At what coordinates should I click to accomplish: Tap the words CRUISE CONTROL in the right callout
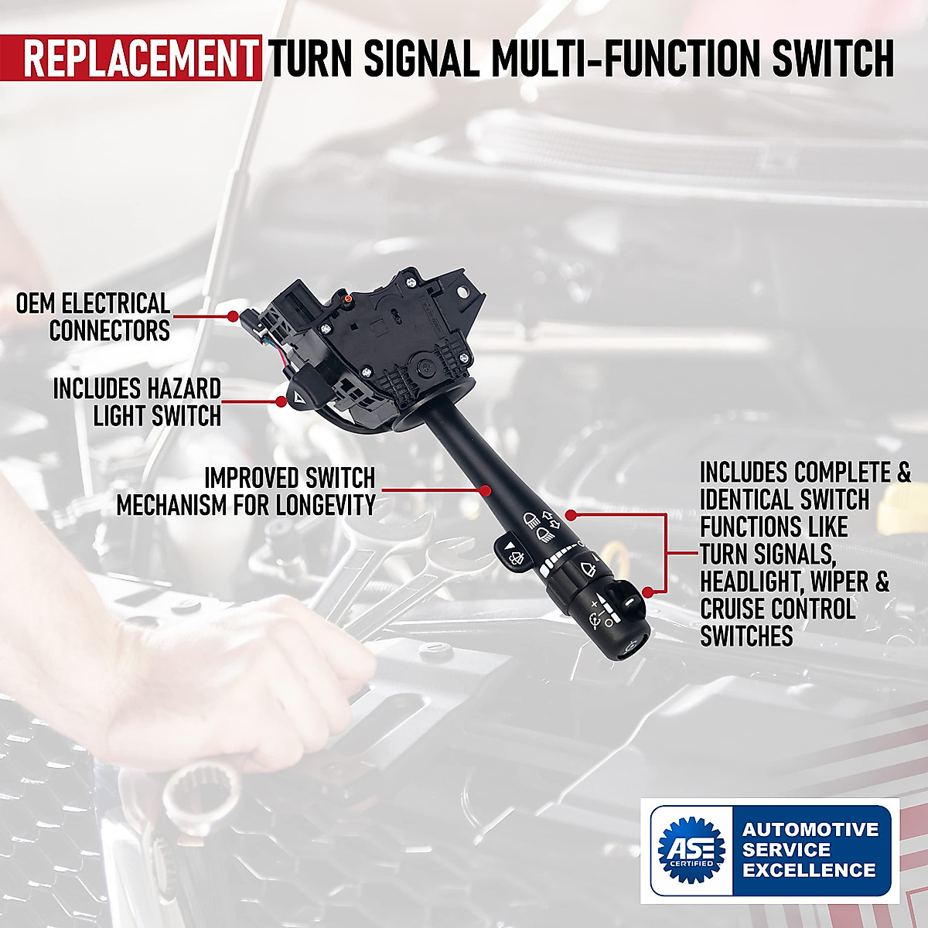pos(777,609)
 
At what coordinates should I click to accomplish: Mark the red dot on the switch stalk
pos(486,490)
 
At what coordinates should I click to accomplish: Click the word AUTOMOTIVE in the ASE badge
pos(810,830)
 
